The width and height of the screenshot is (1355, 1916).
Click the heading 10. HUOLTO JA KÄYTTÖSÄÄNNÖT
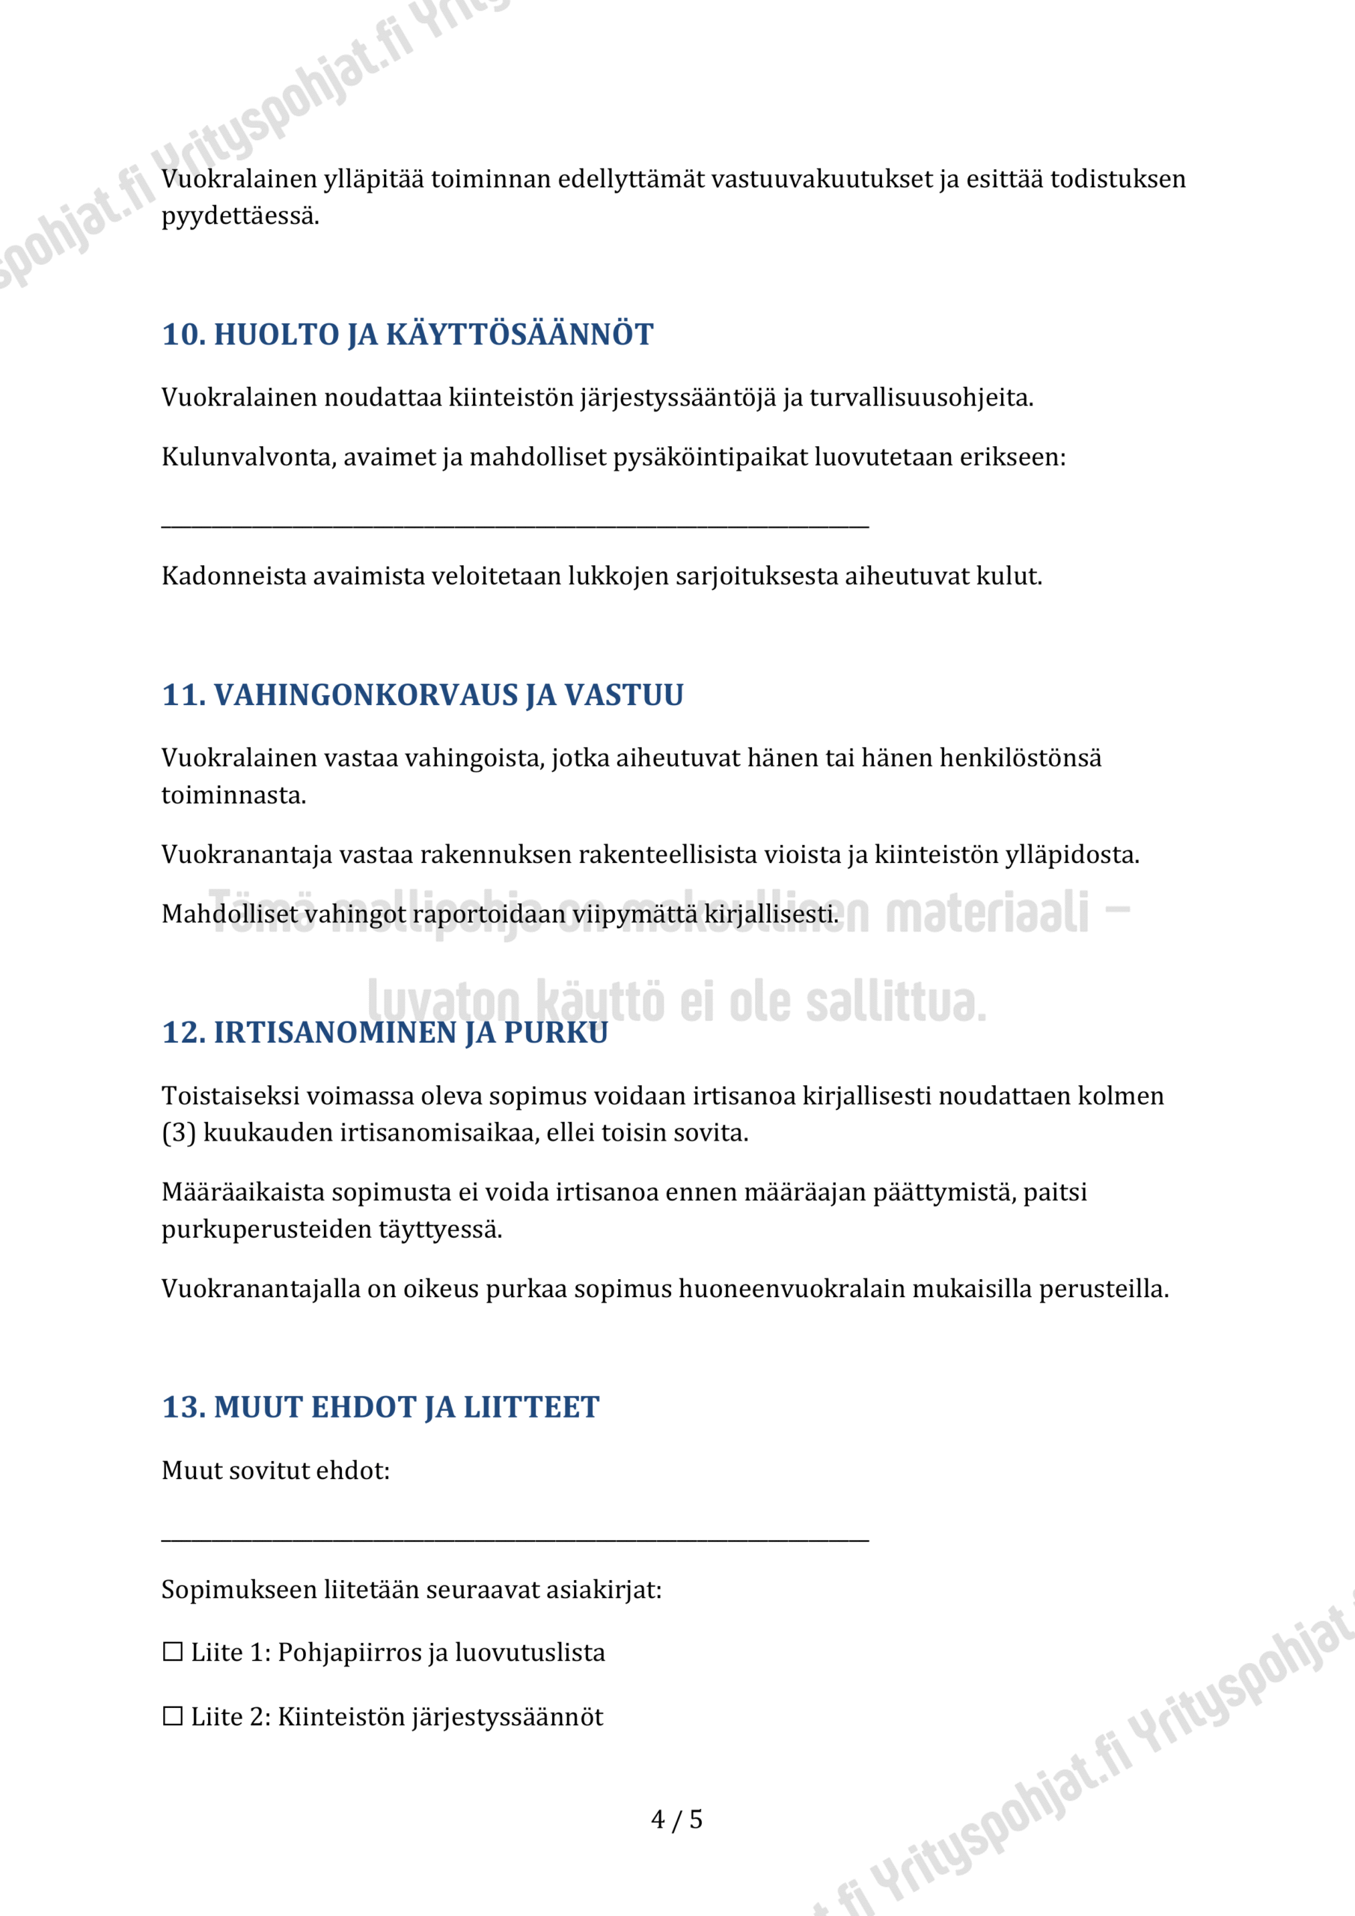(x=407, y=335)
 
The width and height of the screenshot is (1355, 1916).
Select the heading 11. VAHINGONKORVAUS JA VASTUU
(x=422, y=695)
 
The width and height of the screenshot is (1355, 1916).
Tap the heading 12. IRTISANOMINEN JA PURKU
(x=385, y=1033)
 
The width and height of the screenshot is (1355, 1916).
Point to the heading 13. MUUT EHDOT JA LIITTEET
(x=381, y=1408)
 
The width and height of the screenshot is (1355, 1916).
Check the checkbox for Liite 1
(x=173, y=1653)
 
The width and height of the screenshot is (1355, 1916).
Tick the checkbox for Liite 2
(x=173, y=1717)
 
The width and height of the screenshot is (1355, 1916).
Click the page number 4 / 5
(x=676, y=1819)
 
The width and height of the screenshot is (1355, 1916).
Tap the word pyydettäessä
(x=240, y=216)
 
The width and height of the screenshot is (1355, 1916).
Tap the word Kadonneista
(x=233, y=576)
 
